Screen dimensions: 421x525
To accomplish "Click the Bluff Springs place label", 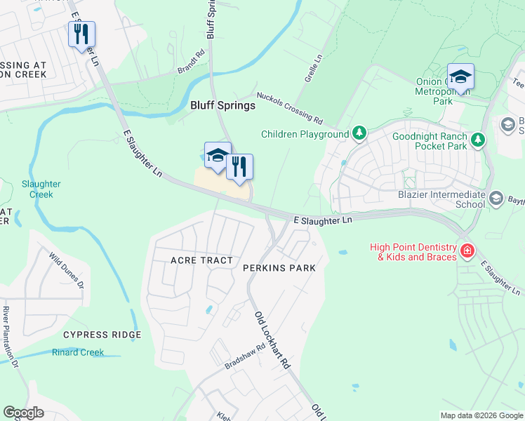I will [222, 105].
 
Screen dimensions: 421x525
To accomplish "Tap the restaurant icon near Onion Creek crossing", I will [81, 34].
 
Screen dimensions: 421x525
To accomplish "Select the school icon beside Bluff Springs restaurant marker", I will [218, 156].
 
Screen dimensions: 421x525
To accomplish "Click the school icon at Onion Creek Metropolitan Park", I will [460, 77].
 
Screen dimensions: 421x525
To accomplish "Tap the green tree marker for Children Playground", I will [359, 133].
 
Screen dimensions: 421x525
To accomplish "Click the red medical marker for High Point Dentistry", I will [467, 250].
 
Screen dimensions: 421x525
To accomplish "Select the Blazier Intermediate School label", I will [451, 199].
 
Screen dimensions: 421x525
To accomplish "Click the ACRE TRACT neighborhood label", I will [201, 260].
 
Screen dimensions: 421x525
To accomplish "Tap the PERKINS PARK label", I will [279, 268].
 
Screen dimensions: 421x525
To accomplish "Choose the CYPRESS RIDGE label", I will [102, 335].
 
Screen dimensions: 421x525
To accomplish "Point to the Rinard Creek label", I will [78, 352].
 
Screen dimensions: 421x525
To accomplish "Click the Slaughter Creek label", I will [41, 189].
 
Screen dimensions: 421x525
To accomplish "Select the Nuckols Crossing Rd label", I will [289, 107].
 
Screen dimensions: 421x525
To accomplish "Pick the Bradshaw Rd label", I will [245, 356].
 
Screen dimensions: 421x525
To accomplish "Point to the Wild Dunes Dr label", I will [67, 272].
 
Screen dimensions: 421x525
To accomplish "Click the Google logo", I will [23, 413].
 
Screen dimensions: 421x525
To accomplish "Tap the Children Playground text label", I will [305, 134].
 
